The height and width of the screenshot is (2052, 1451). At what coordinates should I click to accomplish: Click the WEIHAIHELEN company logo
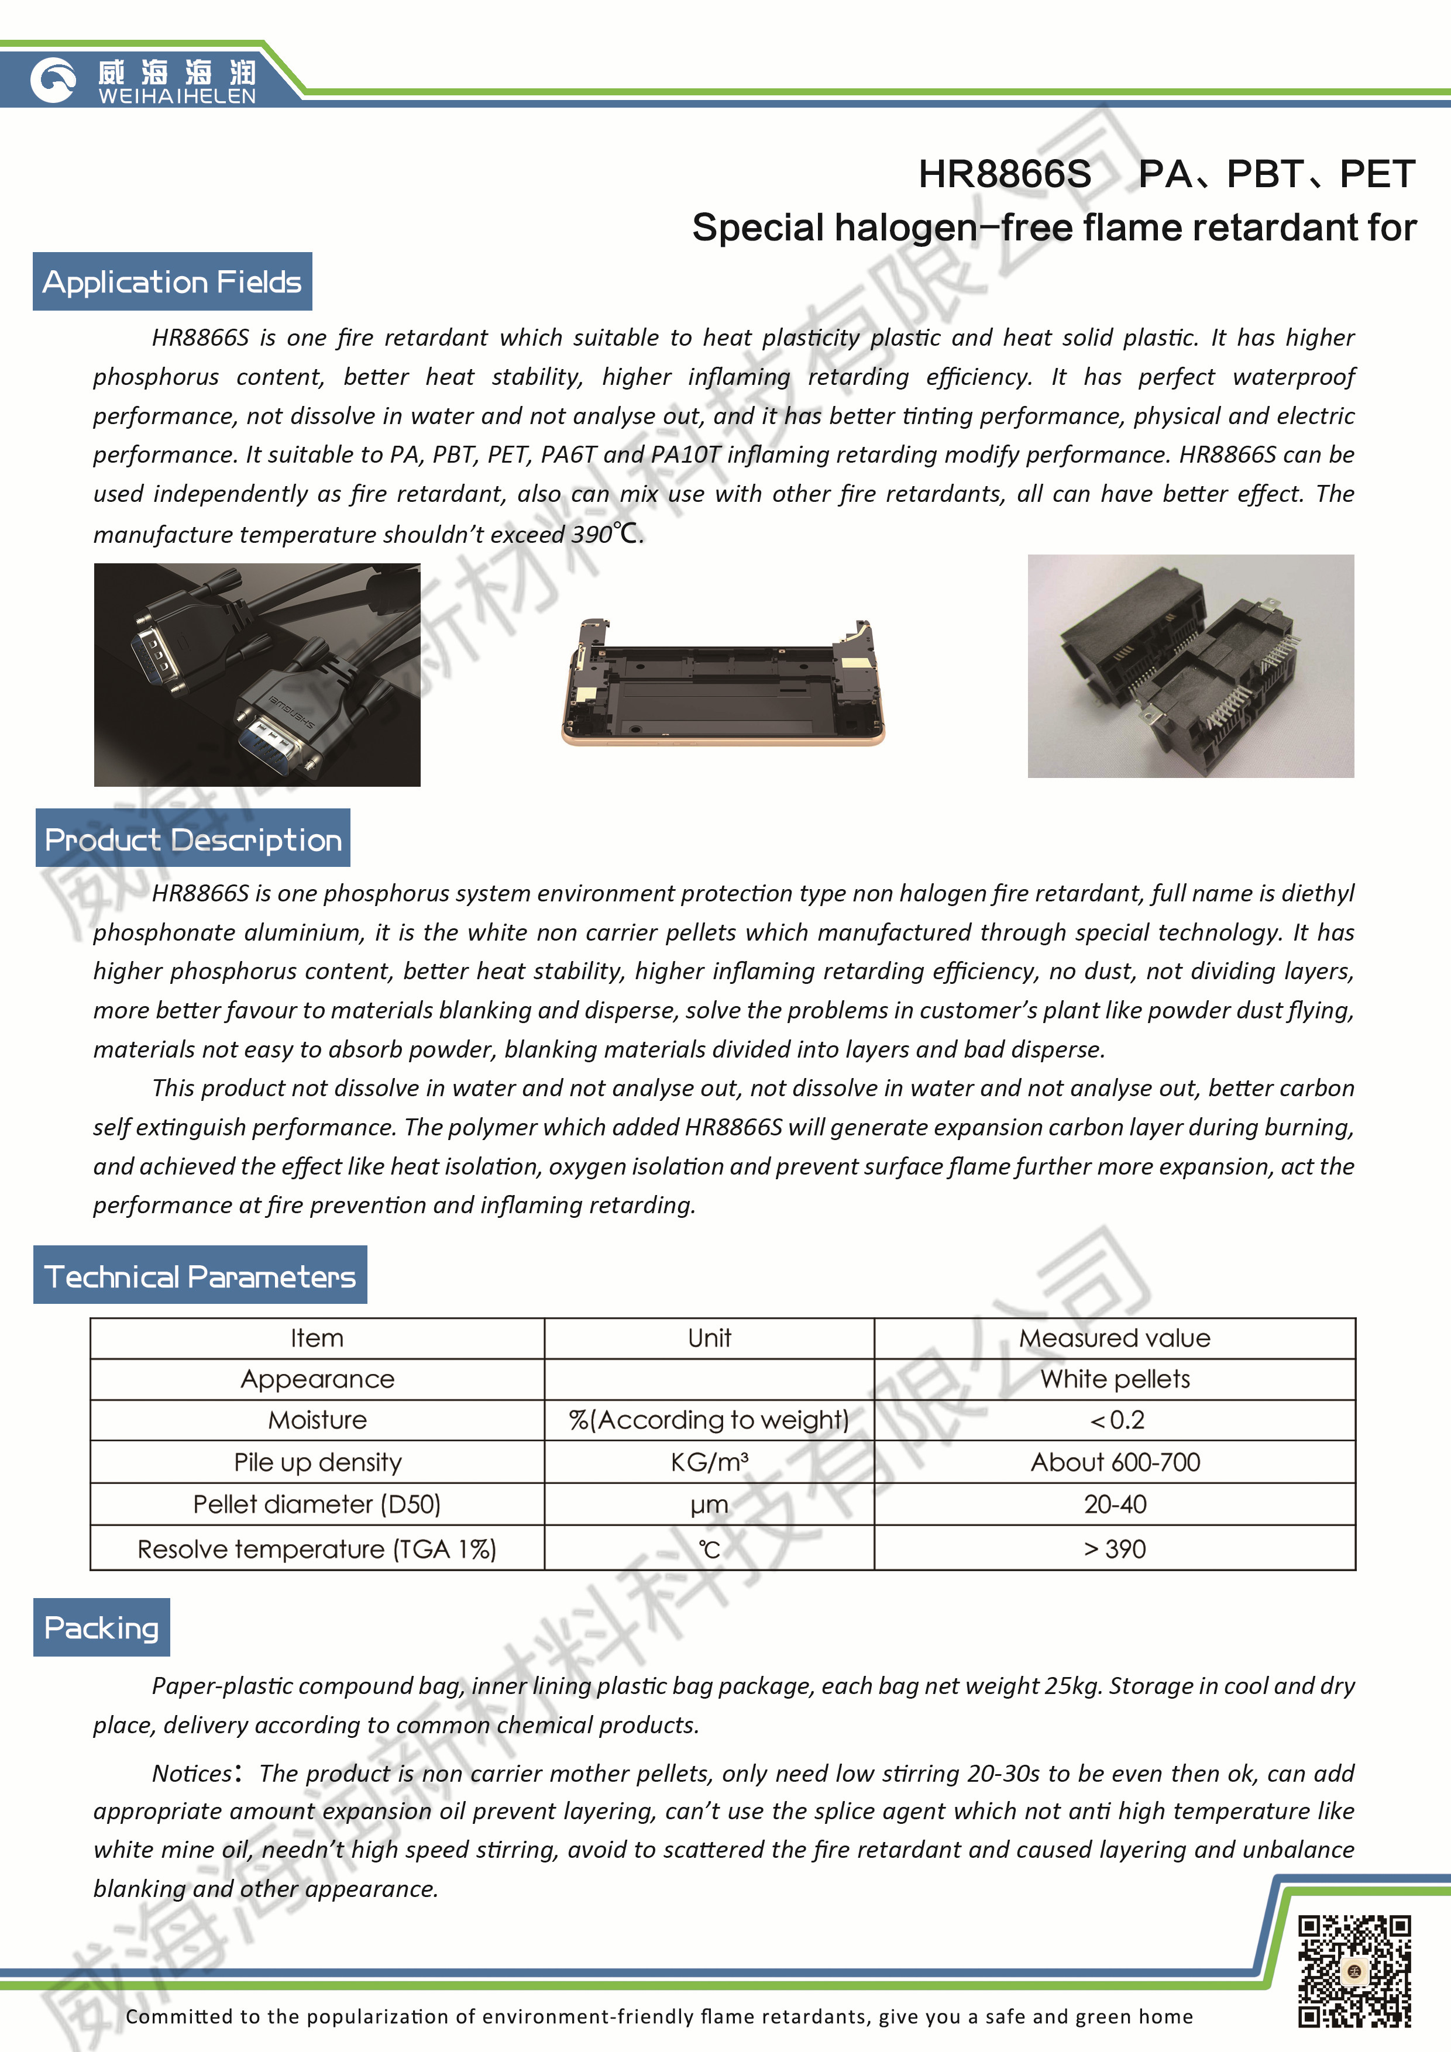[143, 81]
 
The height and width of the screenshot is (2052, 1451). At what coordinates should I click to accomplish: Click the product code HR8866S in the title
[1004, 174]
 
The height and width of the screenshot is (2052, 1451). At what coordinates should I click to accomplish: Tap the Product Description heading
[193, 839]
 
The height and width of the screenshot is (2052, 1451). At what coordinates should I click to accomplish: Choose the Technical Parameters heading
[200, 1276]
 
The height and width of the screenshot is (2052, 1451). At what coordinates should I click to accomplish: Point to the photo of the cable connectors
[257, 675]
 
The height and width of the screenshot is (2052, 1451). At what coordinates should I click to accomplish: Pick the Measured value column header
[1115, 1338]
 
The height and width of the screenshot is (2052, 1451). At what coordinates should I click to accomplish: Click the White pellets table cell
[1115, 1379]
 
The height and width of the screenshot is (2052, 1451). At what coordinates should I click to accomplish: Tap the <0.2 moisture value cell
[1115, 1420]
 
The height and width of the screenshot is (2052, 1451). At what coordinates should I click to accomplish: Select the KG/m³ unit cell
[709, 1462]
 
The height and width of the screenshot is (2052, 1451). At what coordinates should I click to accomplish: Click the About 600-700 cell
[1115, 1462]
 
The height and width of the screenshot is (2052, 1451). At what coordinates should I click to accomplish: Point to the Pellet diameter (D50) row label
[317, 1504]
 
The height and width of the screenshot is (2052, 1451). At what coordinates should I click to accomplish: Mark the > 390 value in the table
[1115, 1549]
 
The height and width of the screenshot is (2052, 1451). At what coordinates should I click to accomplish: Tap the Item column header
[317, 1338]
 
